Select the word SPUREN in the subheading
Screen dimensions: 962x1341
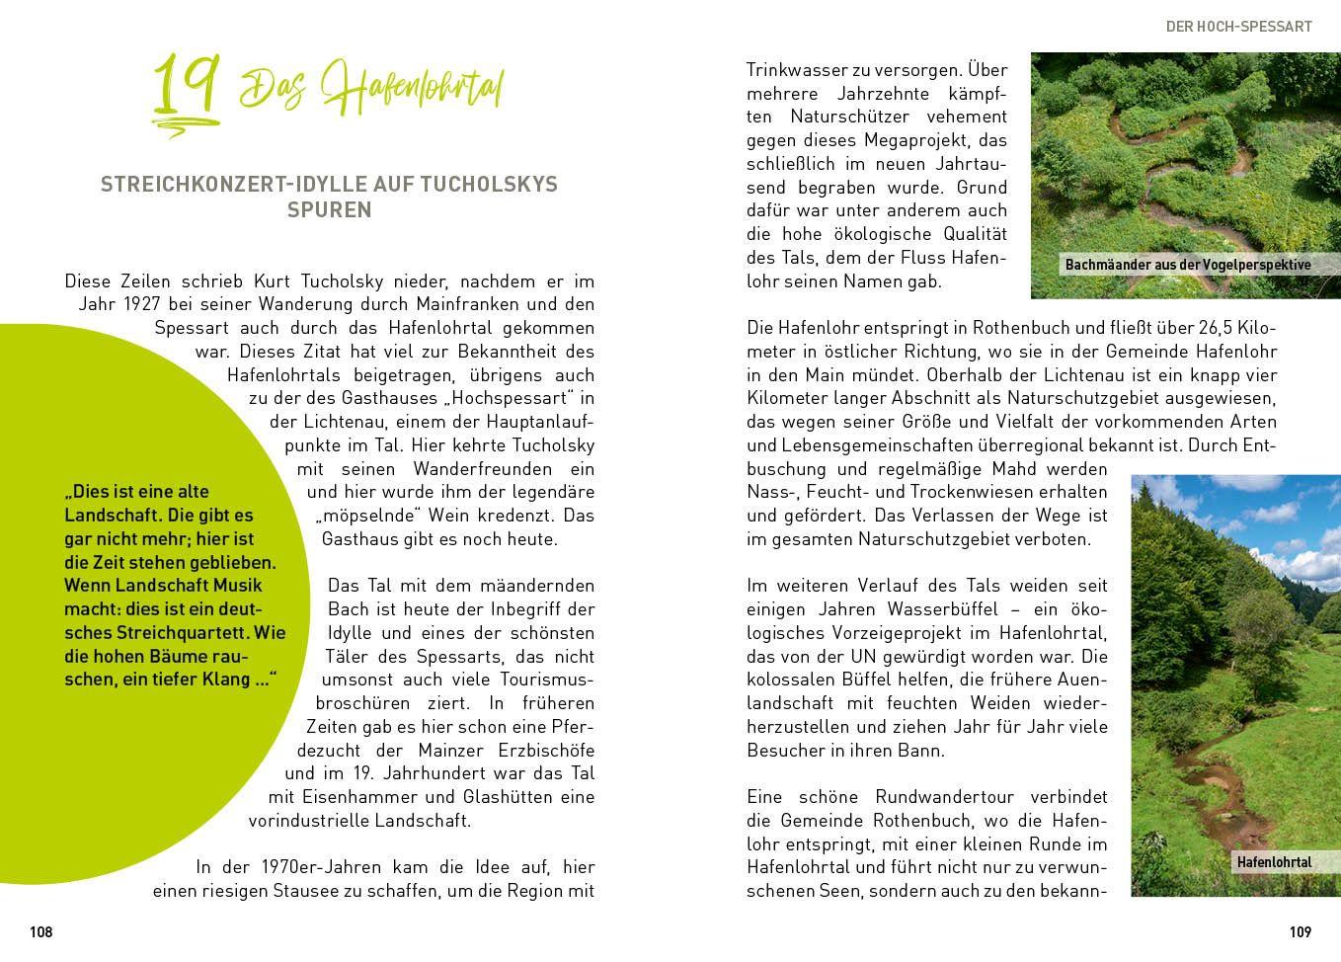click(329, 210)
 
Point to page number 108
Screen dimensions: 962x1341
click(40, 931)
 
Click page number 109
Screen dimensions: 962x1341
click(1300, 931)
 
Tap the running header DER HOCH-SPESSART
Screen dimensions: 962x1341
click(1238, 27)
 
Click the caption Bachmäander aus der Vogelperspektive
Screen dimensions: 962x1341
click(1187, 265)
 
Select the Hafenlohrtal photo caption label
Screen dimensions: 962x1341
click(1274, 862)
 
